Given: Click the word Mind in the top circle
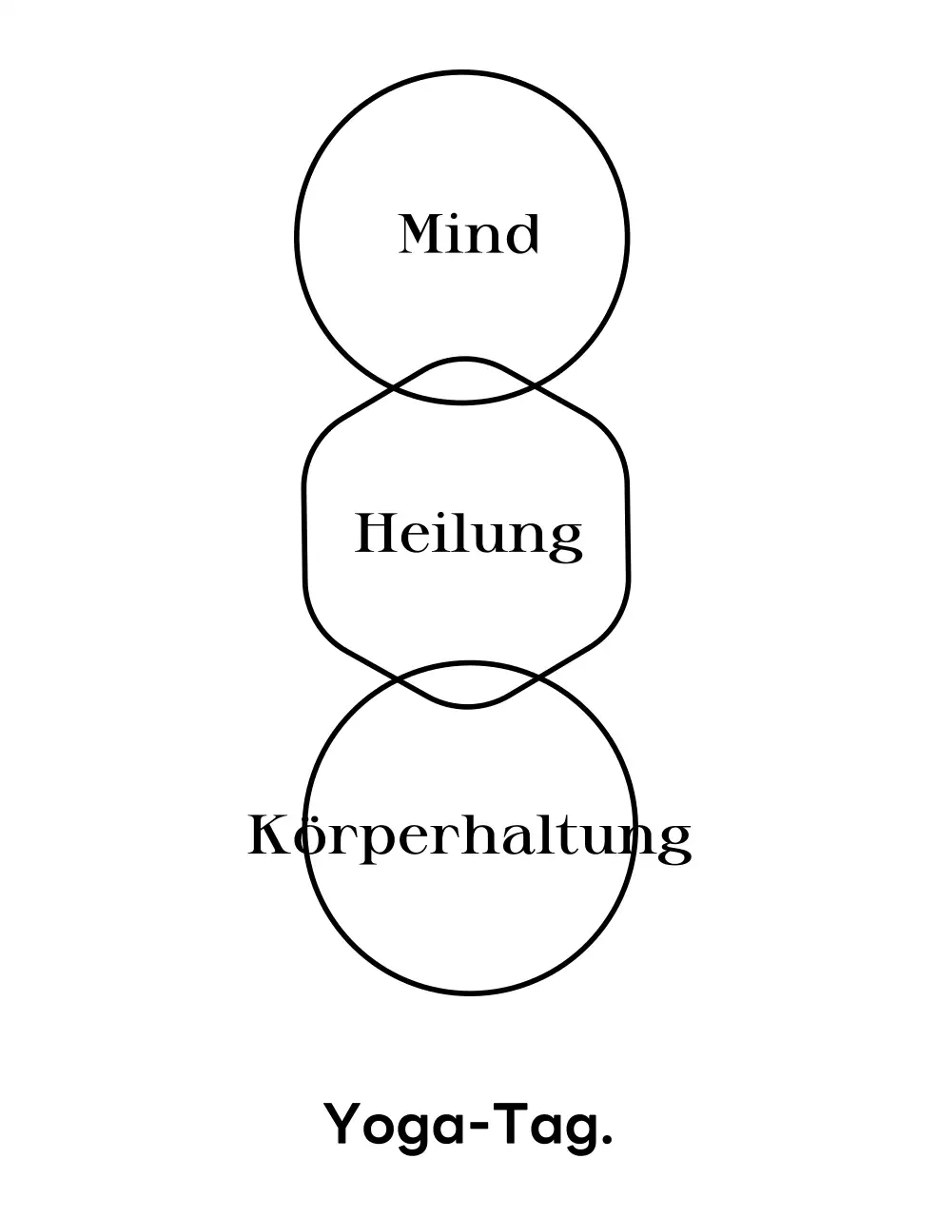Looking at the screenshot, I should point(468,234).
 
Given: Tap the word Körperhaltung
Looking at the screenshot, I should point(468,836).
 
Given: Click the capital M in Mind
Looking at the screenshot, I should point(422,234).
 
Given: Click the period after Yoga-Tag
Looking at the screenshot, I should point(605,1141).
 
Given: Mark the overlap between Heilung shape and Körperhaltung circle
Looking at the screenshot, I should point(467,684).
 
